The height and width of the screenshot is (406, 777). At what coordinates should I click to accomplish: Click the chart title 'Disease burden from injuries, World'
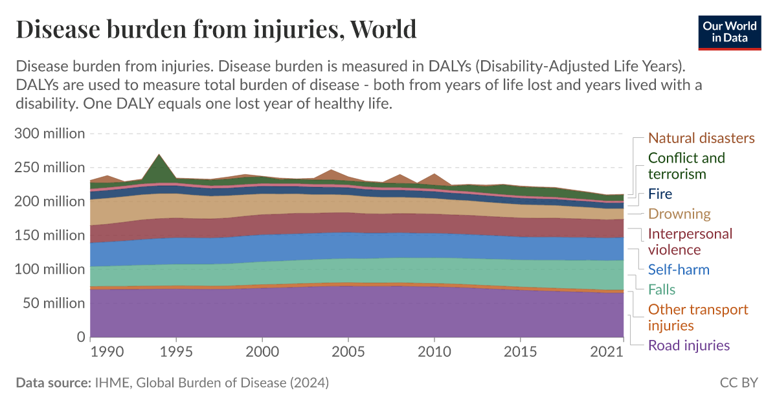[x=216, y=29]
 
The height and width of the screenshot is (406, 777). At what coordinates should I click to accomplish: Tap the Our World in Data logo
[x=730, y=30]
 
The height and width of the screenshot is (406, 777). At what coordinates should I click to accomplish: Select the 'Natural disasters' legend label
[x=701, y=138]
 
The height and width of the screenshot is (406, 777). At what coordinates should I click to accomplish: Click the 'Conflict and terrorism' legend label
[x=686, y=166]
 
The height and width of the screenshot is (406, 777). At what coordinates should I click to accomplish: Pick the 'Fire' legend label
[x=660, y=194]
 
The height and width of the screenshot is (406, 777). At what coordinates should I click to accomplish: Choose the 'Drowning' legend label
[x=679, y=214]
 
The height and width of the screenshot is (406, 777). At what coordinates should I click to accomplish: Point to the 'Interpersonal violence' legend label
[x=690, y=242]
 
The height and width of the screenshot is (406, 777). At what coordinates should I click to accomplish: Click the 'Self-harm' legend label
[x=679, y=269]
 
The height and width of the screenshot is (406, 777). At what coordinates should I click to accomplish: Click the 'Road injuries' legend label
[x=689, y=345]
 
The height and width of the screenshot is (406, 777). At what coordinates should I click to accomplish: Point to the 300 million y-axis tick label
[x=49, y=133]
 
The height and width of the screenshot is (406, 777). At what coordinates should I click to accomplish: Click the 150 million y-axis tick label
[x=49, y=235]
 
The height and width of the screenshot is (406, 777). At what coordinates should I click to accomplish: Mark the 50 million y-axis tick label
[x=52, y=303]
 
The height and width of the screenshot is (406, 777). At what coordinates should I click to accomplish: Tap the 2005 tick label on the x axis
[x=348, y=352]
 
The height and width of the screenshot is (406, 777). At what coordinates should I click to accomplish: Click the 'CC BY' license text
[x=738, y=383]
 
